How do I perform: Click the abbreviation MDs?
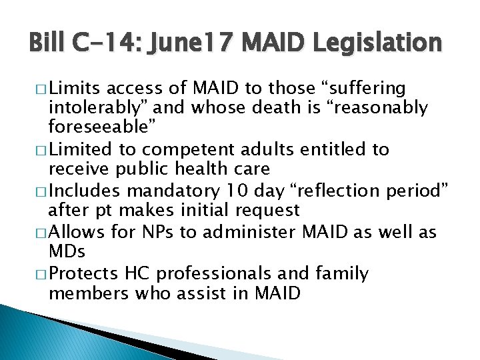pos(67,251)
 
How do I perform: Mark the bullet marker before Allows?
pos(41,233)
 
